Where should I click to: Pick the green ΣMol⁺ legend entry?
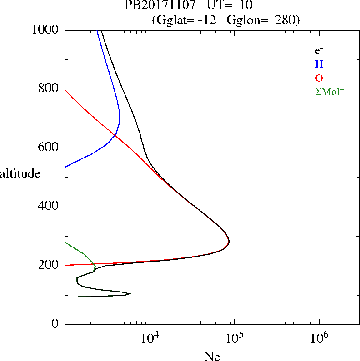pos(330,91)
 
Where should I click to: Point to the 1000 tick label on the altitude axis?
pos(46,30)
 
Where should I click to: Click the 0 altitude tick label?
pos(55,324)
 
